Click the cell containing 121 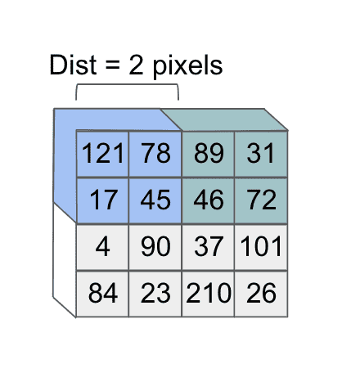click(102, 154)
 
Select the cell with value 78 click(155, 154)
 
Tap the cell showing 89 click(208, 154)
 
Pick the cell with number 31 click(261, 154)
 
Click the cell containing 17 click(102, 200)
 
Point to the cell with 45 click(155, 200)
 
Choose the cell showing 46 click(208, 200)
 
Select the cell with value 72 click(261, 200)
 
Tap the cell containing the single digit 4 click(102, 247)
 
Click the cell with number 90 click(155, 247)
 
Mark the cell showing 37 click(208, 247)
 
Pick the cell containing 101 click(261, 247)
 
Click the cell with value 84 click(102, 294)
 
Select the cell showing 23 click(155, 294)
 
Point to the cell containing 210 click(208, 294)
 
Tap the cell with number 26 click(261, 294)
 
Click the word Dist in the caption click(73, 65)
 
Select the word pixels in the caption click(187, 67)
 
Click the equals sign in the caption click(113, 66)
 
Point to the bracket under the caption click(127, 84)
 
